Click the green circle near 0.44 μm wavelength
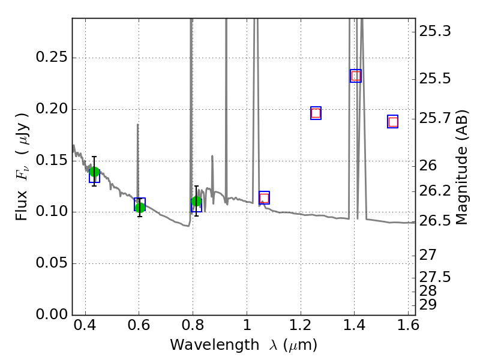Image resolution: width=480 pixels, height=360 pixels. coord(95,172)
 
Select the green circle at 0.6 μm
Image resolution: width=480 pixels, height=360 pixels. coord(140,208)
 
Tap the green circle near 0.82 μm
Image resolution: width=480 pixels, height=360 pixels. coord(197,202)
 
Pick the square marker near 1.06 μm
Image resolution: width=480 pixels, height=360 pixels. coord(264,198)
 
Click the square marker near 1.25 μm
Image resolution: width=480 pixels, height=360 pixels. coord(316,113)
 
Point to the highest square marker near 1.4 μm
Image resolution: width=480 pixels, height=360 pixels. coord(356,76)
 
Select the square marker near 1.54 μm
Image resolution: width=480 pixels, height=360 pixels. coord(393,122)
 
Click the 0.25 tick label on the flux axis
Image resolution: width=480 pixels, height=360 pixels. coord(52,57)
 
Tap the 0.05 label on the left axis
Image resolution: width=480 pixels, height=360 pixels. coord(52,263)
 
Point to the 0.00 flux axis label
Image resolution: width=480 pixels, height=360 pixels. coord(52,314)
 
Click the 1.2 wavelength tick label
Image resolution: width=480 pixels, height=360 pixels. coord(301,325)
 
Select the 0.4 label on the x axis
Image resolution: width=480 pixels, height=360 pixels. coord(85,325)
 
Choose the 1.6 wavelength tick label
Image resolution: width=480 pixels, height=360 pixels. coord(409,325)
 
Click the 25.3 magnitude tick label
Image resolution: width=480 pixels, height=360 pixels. coord(435,31)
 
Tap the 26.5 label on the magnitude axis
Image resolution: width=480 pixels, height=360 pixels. coord(435,221)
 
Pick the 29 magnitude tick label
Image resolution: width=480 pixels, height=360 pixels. coord(428,305)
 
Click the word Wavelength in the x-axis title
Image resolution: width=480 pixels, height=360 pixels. coord(215,345)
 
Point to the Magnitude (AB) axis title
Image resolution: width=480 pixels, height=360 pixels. coord(461,167)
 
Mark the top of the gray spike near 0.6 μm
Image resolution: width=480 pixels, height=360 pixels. coord(138,124)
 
